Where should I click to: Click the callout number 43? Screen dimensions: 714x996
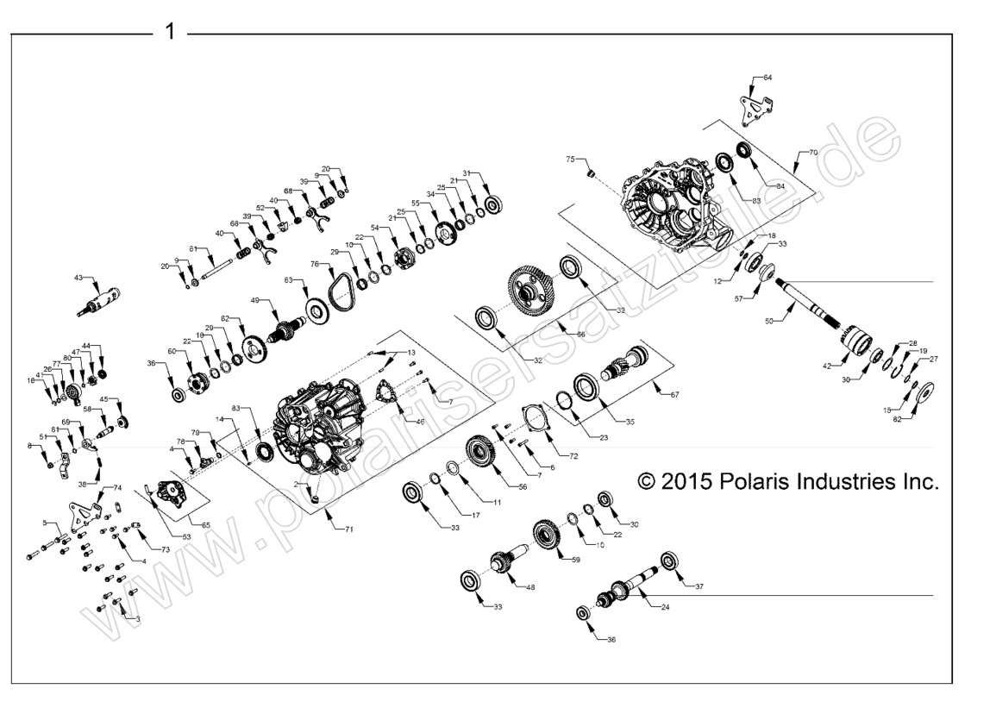[79, 278]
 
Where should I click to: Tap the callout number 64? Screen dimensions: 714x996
[767, 78]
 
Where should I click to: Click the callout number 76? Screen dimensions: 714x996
[316, 265]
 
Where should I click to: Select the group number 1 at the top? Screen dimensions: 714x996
[170, 32]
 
